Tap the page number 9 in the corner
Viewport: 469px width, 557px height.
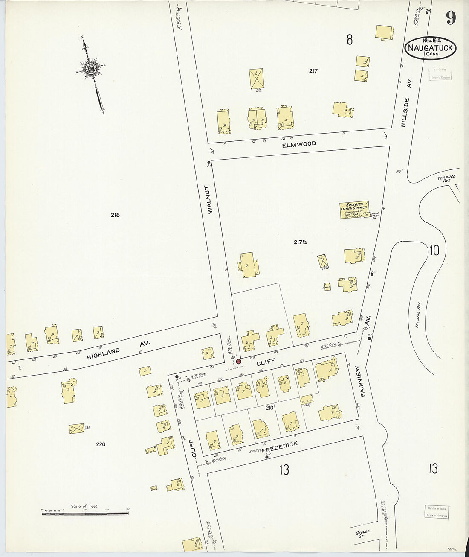(451, 18)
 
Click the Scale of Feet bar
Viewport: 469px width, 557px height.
(85, 513)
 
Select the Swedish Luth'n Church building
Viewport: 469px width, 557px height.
(354, 210)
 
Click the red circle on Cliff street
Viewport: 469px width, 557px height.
(238, 362)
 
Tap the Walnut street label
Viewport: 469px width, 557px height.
(209, 199)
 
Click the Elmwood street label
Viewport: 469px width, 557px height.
(299, 144)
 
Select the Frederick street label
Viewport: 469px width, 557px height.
(279, 447)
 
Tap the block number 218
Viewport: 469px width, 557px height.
(115, 215)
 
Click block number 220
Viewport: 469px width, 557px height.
(101, 444)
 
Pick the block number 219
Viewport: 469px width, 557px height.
(269, 408)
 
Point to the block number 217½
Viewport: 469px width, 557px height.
(300, 242)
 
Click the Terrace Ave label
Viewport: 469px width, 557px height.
(446, 178)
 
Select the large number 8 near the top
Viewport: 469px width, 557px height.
(350, 40)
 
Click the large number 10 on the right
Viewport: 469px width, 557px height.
(434, 250)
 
